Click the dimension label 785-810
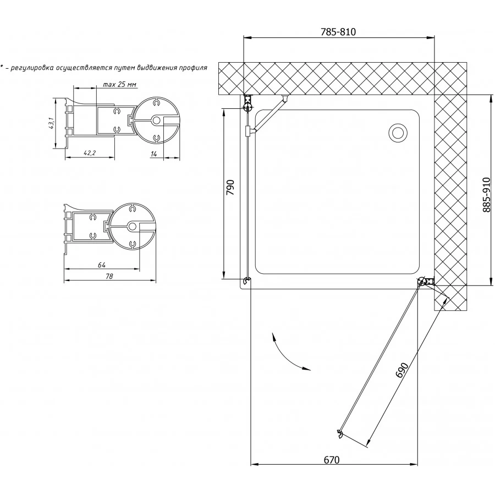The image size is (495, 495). tap(338, 32)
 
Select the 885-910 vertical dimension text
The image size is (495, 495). tap(487, 195)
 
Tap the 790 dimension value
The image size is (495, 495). tap(231, 187)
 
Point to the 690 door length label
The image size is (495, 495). tap(403, 370)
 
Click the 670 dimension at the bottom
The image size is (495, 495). tap(332, 460)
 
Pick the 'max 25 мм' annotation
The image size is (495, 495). tap(119, 84)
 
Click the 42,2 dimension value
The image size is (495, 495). tap(90, 153)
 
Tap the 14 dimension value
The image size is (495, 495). tap(154, 154)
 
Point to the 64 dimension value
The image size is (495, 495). tap(101, 265)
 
